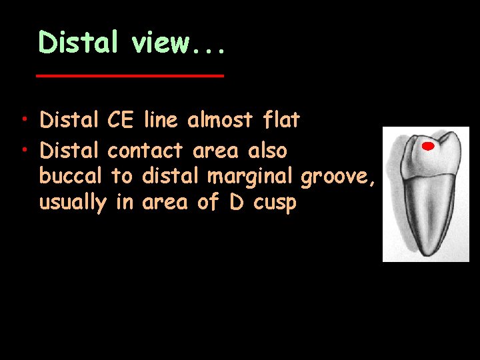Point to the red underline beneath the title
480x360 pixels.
click(x=129, y=76)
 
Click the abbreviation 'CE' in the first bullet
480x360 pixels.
click(x=120, y=121)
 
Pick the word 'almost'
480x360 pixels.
click(x=220, y=121)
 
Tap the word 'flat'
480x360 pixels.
click(x=282, y=121)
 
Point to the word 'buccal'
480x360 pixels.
click(x=70, y=176)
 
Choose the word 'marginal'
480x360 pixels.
click(x=251, y=177)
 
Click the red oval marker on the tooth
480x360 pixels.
click(x=428, y=146)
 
